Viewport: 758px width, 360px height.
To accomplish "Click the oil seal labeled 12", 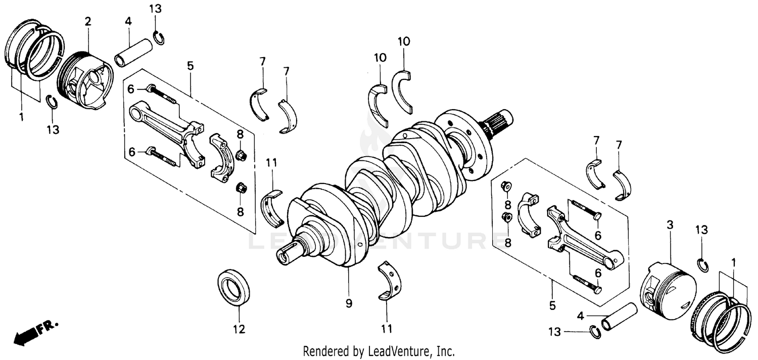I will point(234,288).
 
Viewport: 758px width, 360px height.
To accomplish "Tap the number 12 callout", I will point(239,330).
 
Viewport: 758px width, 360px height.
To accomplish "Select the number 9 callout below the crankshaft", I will point(349,303).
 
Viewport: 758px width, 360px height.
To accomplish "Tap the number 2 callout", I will point(88,21).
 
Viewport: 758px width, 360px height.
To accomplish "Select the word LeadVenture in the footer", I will point(402,351).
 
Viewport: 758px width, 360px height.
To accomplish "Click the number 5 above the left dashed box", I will point(190,66).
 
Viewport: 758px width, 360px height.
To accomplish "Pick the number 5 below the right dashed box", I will point(552,305).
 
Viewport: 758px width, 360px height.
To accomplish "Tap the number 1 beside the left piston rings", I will point(21,117).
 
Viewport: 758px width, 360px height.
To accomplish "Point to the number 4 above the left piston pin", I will point(128,21).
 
